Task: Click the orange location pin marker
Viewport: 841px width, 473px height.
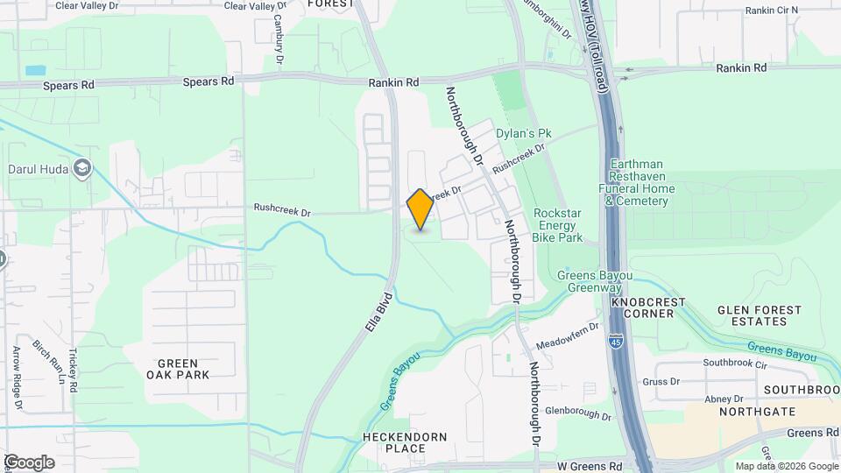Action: coord(420,209)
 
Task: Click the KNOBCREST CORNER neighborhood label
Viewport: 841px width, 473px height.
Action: coord(649,307)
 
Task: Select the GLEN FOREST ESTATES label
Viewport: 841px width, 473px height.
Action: coord(760,316)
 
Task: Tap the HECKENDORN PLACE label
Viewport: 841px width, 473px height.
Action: coord(405,442)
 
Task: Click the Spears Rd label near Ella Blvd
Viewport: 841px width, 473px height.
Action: coord(208,81)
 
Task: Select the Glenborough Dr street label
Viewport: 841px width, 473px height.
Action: coord(576,410)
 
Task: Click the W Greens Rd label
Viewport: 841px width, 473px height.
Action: coord(591,467)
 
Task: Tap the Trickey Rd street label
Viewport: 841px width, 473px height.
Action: coord(74,368)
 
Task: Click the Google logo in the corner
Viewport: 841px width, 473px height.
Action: coord(29,462)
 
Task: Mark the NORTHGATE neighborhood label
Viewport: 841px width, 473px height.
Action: coord(757,411)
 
